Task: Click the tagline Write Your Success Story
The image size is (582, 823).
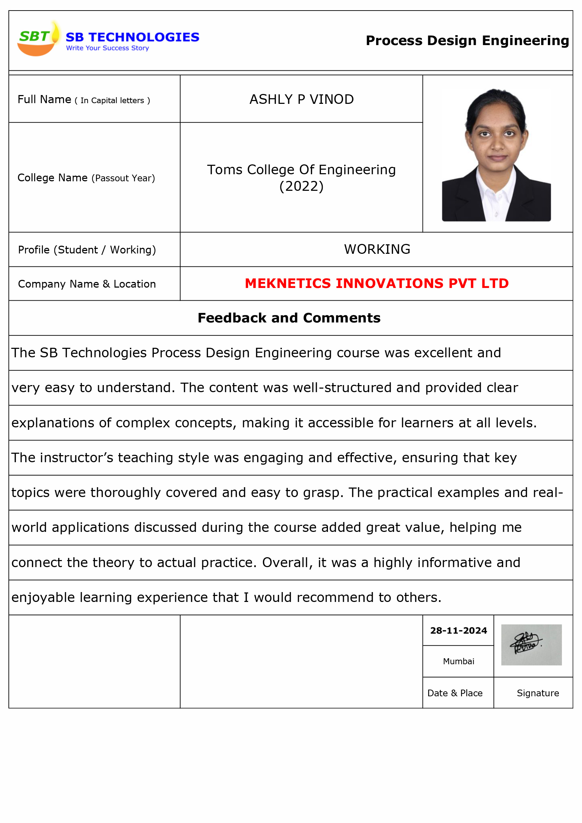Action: [x=108, y=48]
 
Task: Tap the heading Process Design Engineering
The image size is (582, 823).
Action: [x=467, y=40]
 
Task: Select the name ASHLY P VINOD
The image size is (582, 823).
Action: [x=302, y=99]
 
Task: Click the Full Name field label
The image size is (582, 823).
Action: [x=83, y=100]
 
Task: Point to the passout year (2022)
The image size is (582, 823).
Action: [x=302, y=187]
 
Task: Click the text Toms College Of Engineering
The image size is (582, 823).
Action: [x=302, y=170]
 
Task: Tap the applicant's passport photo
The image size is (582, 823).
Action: [x=496, y=155]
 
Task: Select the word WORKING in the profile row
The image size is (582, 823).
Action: [x=377, y=249]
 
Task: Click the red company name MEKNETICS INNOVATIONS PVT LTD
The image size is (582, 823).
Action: [x=377, y=283]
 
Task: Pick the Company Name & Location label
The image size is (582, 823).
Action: [x=87, y=284]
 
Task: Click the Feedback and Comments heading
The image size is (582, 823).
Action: [x=289, y=318]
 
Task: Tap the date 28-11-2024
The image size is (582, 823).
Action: [x=458, y=630]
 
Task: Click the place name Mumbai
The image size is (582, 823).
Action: [x=458, y=661]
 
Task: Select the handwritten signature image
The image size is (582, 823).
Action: [x=531, y=645]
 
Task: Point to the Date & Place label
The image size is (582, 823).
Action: [x=455, y=693]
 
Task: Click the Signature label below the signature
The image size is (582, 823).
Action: [x=538, y=693]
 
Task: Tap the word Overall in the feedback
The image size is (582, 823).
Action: [x=285, y=563]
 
